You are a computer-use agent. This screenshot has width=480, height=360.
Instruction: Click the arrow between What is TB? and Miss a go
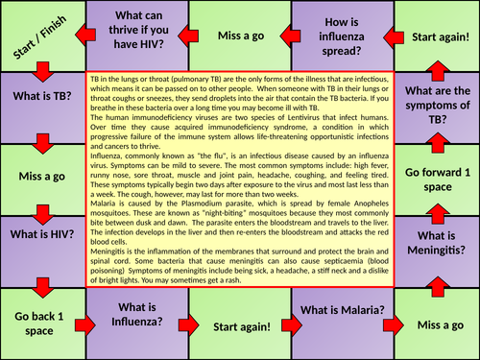pyautogui.click(x=41, y=143)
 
